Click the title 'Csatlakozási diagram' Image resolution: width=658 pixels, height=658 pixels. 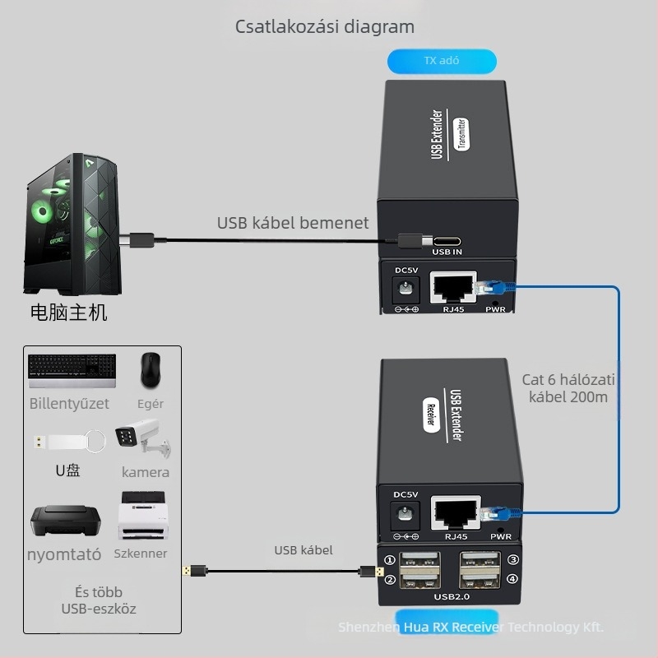(325, 26)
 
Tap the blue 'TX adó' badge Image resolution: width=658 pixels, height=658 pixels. (442, 62)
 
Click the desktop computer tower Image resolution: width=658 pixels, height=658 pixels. (72, 224)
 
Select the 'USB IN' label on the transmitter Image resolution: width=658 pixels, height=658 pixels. (447, 253)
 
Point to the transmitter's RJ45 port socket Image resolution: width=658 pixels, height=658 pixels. (452, 286)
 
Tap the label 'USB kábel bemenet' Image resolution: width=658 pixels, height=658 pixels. (293, 223)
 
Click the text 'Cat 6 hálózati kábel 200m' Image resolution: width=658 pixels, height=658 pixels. (568, 388)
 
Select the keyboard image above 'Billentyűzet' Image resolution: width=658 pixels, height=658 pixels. (72, 371)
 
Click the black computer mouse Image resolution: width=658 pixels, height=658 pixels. (150, 371)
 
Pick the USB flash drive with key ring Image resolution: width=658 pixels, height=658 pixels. (70, 441)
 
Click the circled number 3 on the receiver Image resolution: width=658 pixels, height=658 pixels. (512, 561)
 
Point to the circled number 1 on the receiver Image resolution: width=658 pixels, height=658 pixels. (390, 561)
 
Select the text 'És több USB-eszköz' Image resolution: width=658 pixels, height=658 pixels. (99, 600)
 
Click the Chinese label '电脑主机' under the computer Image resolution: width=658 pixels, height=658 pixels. (68, 313)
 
